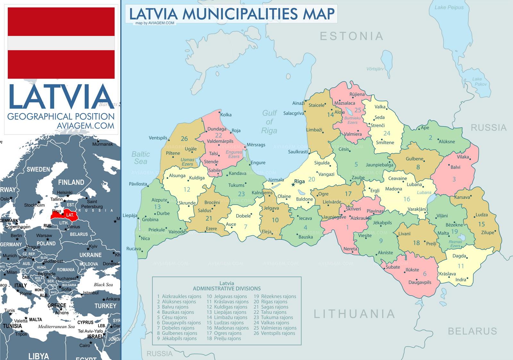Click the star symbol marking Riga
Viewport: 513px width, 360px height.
pyautogui.click(x=293, y=184)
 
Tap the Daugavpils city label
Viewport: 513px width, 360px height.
pyautogui.click(x=420, y=282)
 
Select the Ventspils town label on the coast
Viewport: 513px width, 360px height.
pyautogui.click(x=158, y=138)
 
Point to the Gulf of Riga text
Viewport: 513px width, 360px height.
pyautogui.click(x=269, y=122)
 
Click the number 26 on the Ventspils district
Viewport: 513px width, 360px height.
pyautogui.click(x=184, y=139)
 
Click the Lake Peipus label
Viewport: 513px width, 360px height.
pyautogui.click(x=449, y=7)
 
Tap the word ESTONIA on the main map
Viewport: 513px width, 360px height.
pyautogui.click(x=351, y=36)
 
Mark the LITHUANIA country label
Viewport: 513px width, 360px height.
pyautogui.click(x=354, y=314)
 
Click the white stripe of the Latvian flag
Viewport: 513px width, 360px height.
pyautogui.click(x=61, y=43)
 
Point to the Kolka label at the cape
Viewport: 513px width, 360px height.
pyautogui.click(x=226, y=115)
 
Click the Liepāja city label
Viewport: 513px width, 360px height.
pyautogui.click(x=130, y=216)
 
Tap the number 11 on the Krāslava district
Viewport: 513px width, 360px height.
pyautogui.click(x=461, y=266)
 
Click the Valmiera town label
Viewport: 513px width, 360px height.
pyautogui.click(x=353, y=134)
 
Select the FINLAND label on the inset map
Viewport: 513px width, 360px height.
pyautogui.click(x=71, y=182)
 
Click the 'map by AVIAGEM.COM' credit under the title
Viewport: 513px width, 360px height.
pyautogui.click(x=155, y=23)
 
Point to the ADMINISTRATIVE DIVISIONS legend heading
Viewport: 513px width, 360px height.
pyautogui.click(x=227, y=288)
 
